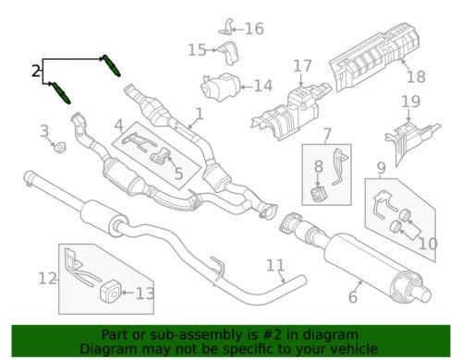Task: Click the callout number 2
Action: click(35, 70)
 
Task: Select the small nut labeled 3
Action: click(58, 147)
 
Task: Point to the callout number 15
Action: click(196, 50)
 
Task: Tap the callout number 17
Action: click(303, 66)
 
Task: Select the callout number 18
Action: click(416, 77)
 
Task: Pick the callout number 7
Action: click(327, 135)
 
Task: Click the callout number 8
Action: click(318, 166)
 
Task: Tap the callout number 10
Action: click(426, 244)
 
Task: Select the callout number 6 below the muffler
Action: click(354, 296)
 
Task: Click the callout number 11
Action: click(275, 267)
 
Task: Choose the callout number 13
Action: click(145, 294)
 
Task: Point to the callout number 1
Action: click(197, 116)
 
